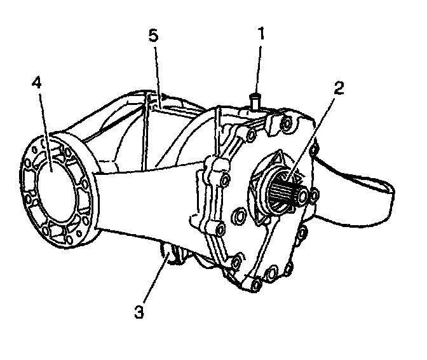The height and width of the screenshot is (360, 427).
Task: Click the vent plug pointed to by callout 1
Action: (255, 100)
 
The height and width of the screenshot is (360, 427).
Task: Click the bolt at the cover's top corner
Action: (284, 122)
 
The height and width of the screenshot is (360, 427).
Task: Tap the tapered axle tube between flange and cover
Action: (146, 197)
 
